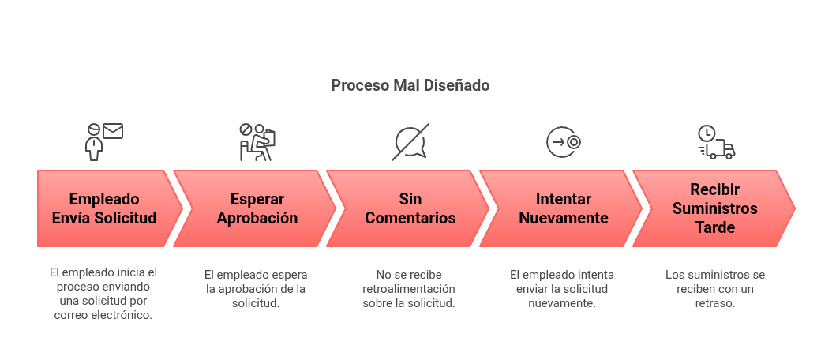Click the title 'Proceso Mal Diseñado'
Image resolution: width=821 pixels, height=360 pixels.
[410, 85]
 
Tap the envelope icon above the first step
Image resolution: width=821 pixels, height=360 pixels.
[113, 131]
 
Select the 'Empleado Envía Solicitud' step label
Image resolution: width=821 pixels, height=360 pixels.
[104, 208]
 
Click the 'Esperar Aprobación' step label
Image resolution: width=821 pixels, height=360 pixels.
[257, 208]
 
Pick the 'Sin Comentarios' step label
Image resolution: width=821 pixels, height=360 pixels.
[410, 208]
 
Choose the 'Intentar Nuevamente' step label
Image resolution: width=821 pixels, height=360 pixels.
[564, 208]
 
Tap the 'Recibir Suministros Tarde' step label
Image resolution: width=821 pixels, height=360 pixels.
[713, 208]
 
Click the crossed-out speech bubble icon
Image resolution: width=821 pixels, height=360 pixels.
[411, 142]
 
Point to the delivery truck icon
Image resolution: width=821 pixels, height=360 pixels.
[718, 150]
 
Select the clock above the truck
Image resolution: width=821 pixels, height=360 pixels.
[706, 133]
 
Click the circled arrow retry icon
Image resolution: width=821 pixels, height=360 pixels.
[564, 142]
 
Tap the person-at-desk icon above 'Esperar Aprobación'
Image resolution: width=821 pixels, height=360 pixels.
[257, 142]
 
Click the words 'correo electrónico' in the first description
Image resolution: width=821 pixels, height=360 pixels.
[104, 315]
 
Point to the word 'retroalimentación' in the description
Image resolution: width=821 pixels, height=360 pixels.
[409, 288]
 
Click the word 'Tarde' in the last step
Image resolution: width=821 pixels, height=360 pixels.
[714, 227]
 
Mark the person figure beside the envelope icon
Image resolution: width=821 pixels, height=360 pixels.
[94, 144]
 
